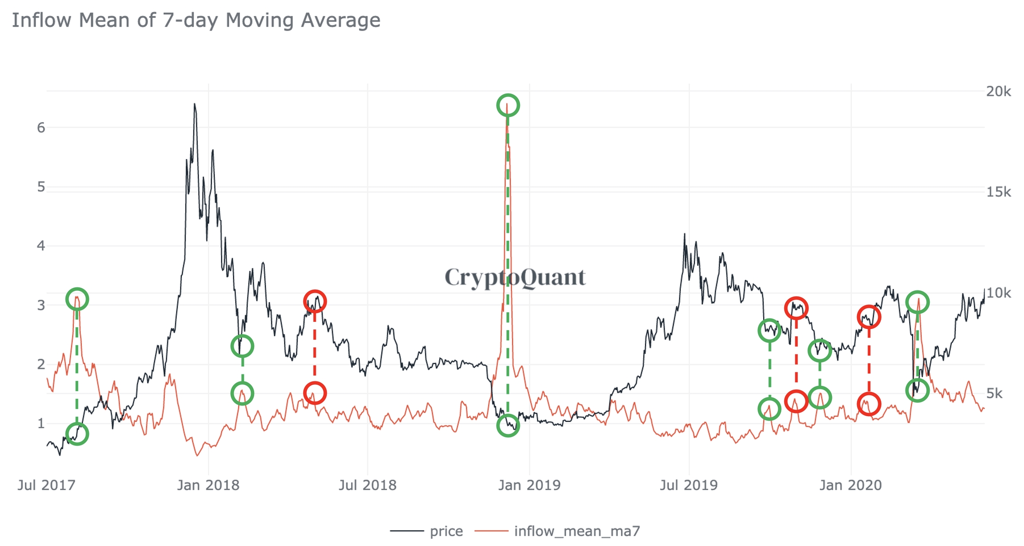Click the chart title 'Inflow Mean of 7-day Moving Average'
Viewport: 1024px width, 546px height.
[196, 20]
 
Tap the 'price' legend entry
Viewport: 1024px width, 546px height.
[446, 531]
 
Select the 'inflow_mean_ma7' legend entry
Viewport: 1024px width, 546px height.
[576, 531]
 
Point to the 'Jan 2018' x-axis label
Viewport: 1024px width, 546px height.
[208, 485]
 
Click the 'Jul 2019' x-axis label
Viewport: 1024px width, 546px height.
[688, 485]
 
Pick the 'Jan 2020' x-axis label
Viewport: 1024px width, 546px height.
[850, 485]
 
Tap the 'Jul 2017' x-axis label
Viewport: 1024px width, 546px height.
[47, 485]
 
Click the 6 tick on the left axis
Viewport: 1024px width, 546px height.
[41, 128]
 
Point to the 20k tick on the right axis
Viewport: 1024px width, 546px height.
[998, 92]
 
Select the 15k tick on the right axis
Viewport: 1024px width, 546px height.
[998, 192]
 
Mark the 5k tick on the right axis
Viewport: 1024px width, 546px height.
[994, 393]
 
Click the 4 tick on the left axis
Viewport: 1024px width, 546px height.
[41, 246]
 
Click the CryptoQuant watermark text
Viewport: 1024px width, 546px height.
[515, 277]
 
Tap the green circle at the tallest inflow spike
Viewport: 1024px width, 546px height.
[508, 105]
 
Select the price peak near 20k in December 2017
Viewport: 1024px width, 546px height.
[194, 104]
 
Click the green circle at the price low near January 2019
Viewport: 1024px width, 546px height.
[508, 426]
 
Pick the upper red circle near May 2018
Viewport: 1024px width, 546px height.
[315, 301]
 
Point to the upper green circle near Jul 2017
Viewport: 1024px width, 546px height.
[77, 299]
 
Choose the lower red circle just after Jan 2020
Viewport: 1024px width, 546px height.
[868, 404]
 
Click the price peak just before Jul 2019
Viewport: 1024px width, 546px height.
[684, 234]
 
